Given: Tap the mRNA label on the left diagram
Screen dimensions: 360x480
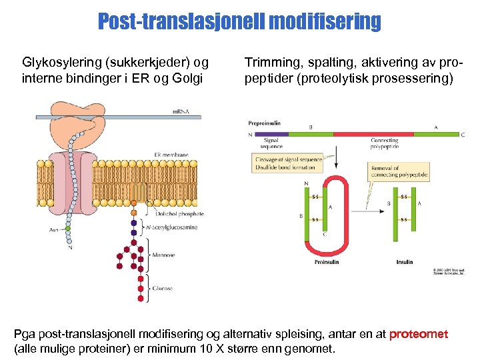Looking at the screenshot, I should coord(181,111).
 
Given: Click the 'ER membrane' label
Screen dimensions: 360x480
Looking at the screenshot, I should coord(171,155).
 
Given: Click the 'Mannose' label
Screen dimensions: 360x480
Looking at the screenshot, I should coord(163,255).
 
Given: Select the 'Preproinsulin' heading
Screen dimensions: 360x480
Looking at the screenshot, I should coord(265,123).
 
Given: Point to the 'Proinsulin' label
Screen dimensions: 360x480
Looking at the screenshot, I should coord(327,262).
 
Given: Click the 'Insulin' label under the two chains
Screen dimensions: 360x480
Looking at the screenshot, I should coord(405,262).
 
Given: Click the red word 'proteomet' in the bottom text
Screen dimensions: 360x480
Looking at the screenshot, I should coord(419,334).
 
